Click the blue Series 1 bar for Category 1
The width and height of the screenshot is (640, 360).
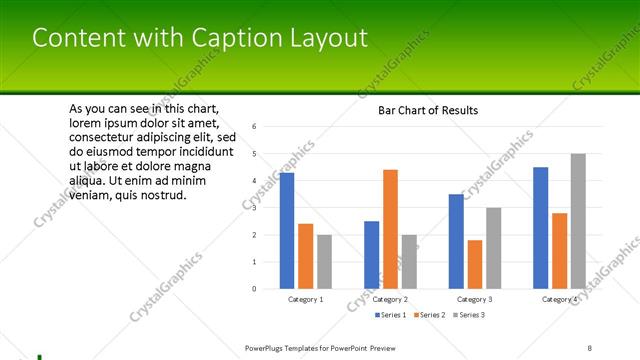pos(287,230)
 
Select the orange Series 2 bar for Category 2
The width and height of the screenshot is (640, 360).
pos(390,229)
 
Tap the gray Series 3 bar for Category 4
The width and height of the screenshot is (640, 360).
pos(578,221)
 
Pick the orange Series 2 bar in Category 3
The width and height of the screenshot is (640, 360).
pos(475,264)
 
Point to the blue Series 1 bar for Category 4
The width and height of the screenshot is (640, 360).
pos(540,227)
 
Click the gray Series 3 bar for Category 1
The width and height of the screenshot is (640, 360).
pos(324,261)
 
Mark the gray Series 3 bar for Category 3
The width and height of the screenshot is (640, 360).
pos(493,248)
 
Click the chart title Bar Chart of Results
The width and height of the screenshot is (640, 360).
pos(427,110)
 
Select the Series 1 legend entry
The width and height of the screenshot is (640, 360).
pos(391,315)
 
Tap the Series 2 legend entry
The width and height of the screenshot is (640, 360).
pos(429,315)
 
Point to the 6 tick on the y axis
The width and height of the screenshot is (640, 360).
pos(256,127)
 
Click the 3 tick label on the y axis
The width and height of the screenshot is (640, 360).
pos(256,208)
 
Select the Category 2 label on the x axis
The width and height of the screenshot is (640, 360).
pos(390,299)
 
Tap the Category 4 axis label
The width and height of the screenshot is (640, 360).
pos(559,299)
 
